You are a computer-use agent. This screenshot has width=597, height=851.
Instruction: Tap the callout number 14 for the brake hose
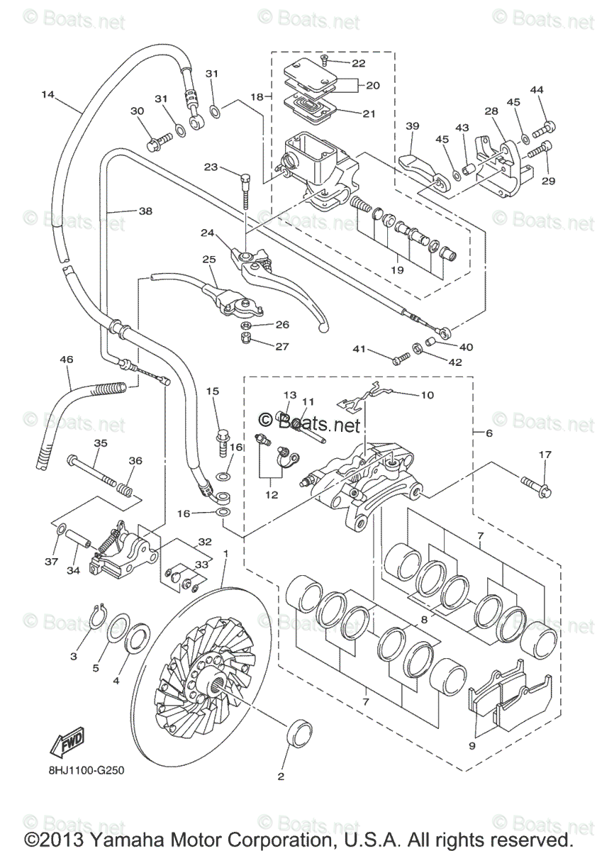pyautogui.click(x=48, y=94)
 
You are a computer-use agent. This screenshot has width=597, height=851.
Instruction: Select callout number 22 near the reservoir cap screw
pyautogui.click(x=358, y=63)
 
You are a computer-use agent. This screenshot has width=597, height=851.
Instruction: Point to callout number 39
pyautogui.click(x=412, y=126)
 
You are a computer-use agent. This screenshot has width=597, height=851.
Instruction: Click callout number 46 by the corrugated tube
pyautogui.click(x=67, y=359)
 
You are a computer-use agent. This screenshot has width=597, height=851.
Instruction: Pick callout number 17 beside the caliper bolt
pyautogui.click(x=545, y=455)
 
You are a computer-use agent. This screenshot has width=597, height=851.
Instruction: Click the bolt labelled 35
pyautogui.click(x=91, y=471)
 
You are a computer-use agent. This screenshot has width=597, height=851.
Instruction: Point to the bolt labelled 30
pyautogui.click(x=159, y=141)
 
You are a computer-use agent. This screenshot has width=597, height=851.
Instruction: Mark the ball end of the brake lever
pyautogui.click(x=323, y=328)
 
